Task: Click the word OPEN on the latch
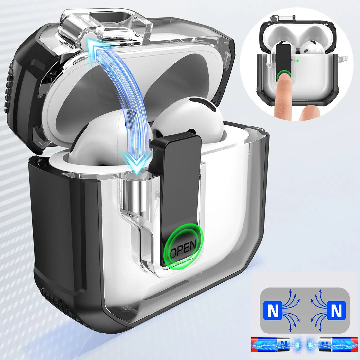pyautogui.click(x=183, y=249)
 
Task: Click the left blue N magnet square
pyautogui.click(x=273, y=310)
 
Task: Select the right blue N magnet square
pyautogui.click(x=336, y=310)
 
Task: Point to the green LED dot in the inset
pyautogui.click(x=297, y=61)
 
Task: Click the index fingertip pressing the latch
pyautogui.click(x=284, y=79)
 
